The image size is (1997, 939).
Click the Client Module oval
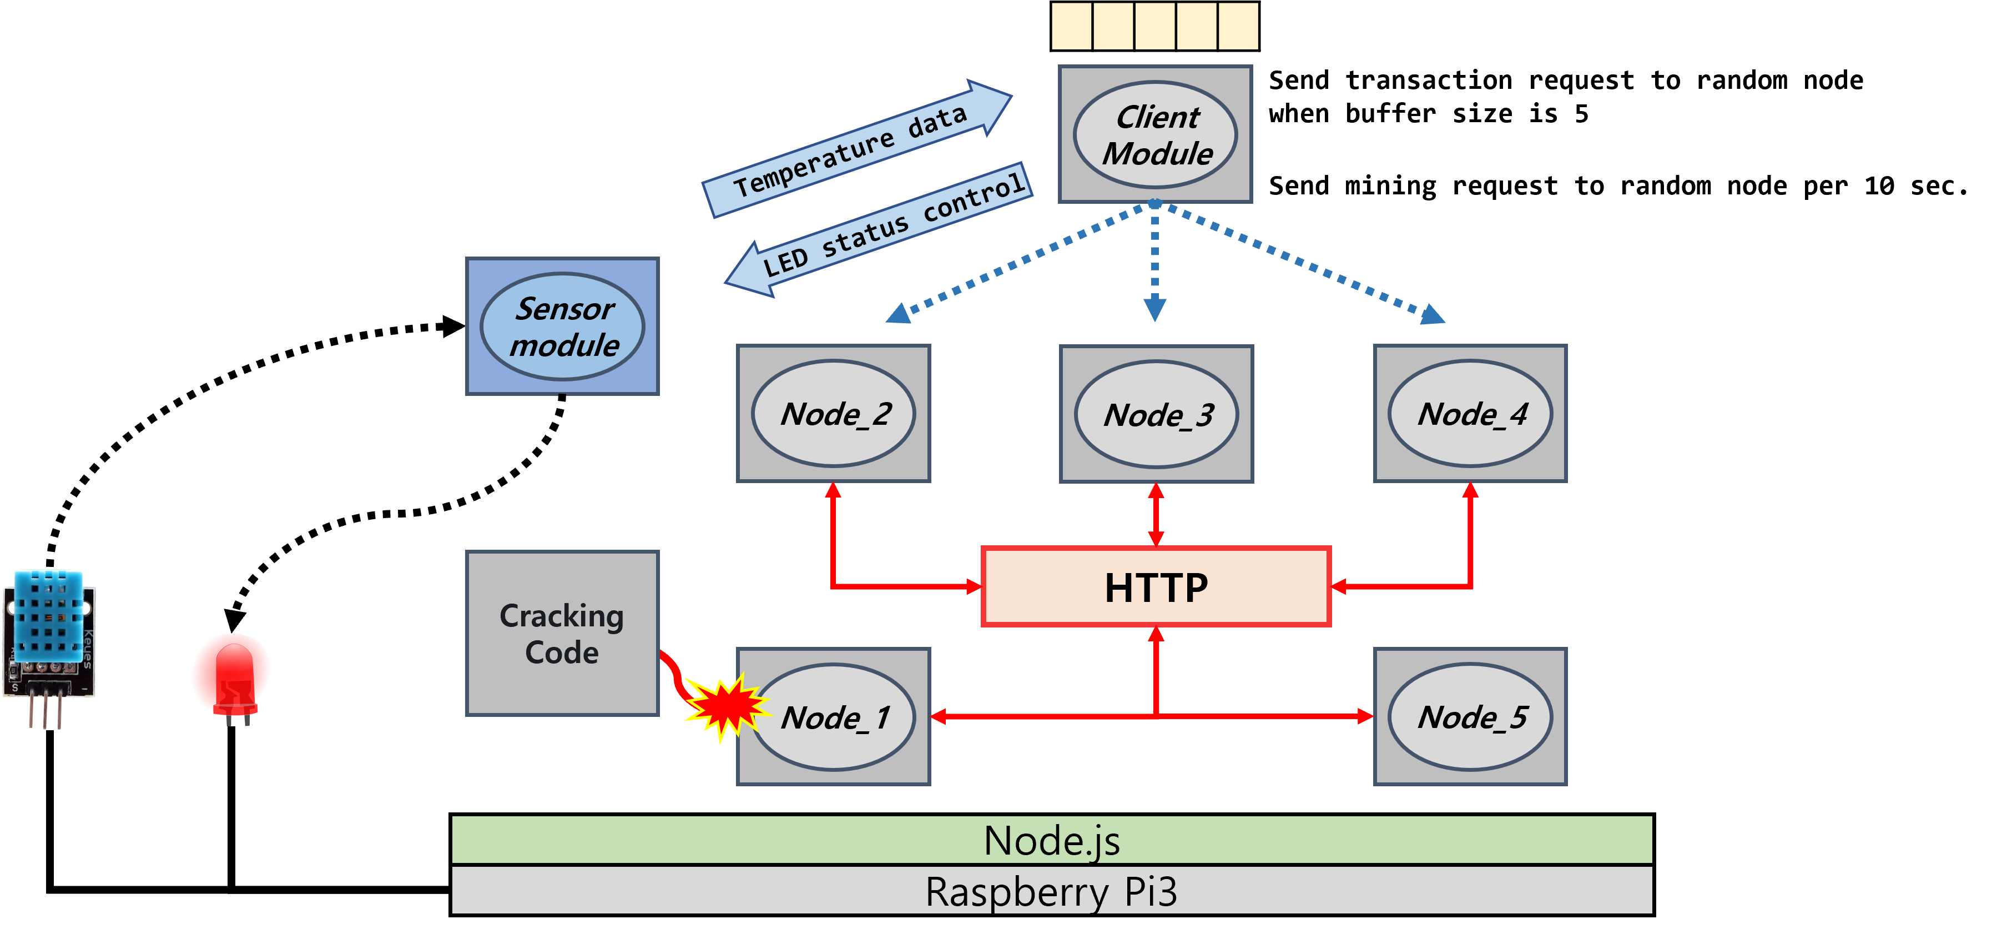tap(1155, 135)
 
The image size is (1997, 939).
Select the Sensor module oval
tap(562, 327)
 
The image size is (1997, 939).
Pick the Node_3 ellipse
tap(1156, 414)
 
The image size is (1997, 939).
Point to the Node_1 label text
tap(836, 717)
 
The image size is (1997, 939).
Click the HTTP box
tap(1156, 587)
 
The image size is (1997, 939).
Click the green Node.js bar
tap(1051, 840)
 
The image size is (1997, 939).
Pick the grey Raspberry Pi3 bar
tap(1051, 891)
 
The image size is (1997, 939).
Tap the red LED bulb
tap(231, 671)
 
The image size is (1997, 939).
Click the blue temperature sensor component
tap(48, 620)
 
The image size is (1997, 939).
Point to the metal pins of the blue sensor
tap(45, 710)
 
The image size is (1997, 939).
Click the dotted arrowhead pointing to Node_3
tap(1155, 309)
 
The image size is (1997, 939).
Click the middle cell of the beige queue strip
tap(1155, 26)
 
